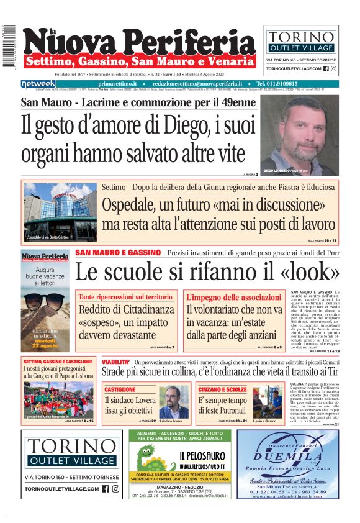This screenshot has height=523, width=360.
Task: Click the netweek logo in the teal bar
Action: [x=37, y=83]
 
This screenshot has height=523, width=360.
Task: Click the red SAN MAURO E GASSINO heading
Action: [x=118, y=253]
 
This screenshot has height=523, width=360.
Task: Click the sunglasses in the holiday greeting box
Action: [x=45, y=304]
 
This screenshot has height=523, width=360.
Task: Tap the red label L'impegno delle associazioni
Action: [x=231, y=298]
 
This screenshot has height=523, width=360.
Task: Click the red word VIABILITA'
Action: [x=115, y=362]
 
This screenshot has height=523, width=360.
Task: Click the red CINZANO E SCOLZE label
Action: [x=227, y=388]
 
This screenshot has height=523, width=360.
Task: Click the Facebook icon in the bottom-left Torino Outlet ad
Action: [x=105, y=489]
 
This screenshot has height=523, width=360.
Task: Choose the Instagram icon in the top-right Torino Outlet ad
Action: [x=334, y=69]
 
